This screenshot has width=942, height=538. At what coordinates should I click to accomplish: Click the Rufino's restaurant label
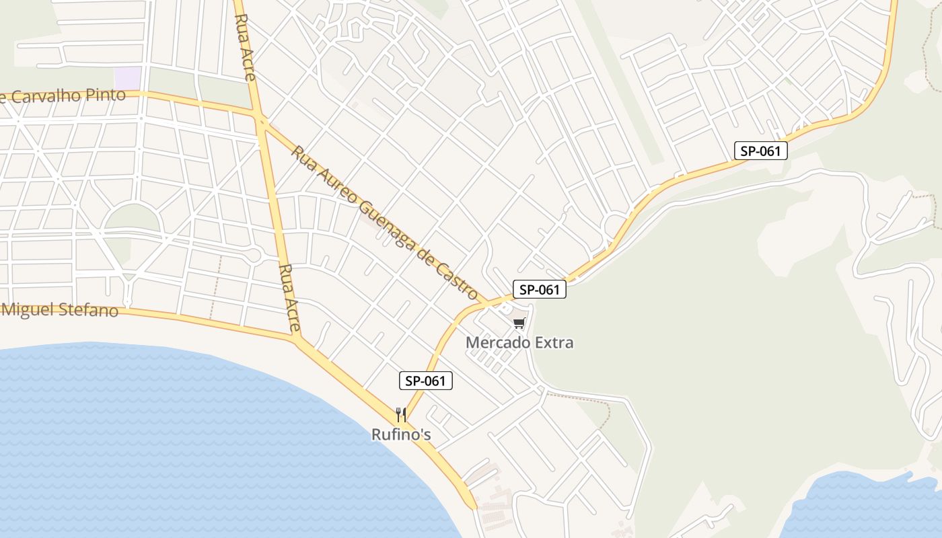(401, 434)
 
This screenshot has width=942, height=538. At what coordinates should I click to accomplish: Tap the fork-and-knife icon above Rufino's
(401, 414)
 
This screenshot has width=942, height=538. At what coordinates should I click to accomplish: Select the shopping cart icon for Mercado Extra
(519, 324)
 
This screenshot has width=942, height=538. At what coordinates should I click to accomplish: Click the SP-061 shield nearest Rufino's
(426, 381)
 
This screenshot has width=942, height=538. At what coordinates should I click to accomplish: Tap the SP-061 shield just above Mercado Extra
(540, 290)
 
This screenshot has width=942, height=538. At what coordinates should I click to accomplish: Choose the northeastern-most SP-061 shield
(760, 151)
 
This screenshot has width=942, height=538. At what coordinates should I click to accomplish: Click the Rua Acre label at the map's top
(245, 48)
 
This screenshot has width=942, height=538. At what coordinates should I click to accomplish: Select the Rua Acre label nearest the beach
(289, 298)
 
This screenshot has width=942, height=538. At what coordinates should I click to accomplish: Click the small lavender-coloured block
(127, 77)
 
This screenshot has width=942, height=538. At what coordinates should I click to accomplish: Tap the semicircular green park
(133, 217)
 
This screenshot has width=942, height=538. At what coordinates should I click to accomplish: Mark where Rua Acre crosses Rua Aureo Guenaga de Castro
(260, 121)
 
